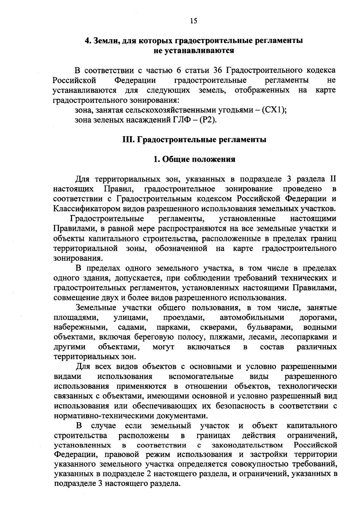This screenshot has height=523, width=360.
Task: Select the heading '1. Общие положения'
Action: click(x=194, y=159)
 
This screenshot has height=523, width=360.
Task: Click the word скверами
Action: click(x=219, y=327)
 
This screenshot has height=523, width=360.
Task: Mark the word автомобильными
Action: click(x=252, y=317)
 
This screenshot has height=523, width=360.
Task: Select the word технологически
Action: click(x=307, y=386)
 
